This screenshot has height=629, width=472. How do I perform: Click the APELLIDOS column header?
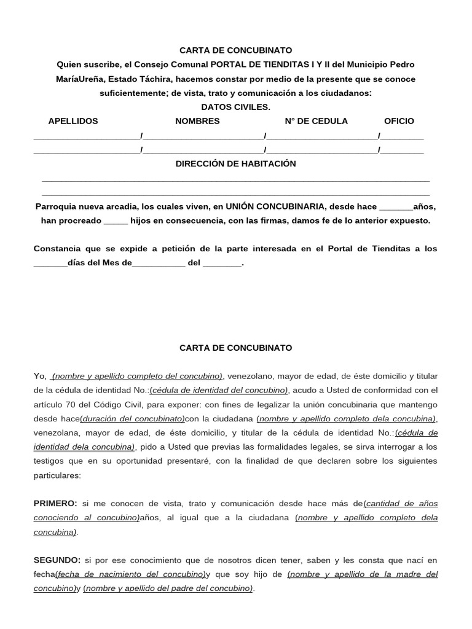pyautogui.click(x=73, y=121)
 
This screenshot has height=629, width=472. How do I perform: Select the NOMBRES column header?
pyautogui.click(x=197, y=121)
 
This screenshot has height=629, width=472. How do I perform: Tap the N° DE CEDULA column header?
pyautogui.click(x=316, y=121)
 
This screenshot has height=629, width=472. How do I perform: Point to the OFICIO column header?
pyautogui.click(x=399, y=121)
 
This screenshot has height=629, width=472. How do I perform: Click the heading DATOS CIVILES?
pyautogui.click(x=235, y=107)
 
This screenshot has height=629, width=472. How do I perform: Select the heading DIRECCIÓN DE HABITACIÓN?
pyautogui.click(x=235, y=163)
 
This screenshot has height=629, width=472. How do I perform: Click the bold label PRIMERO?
pyautogui.click(x=55, y=503)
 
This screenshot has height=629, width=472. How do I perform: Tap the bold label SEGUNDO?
pyautogui.click(x=57, y=560)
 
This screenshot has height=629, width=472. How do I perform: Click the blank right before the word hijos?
pyautogui.click(x=116, y=221)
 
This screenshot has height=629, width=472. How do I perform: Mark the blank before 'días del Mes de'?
pyautogui.click(x=49, y=263)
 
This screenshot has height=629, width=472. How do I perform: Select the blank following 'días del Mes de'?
pyautogui.click(x=158, y=263)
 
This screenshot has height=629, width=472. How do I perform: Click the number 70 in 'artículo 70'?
pyautogui.click(x=76, y=404)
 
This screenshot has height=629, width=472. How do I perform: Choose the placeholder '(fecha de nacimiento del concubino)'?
pyautogui.click(x=130, y=574)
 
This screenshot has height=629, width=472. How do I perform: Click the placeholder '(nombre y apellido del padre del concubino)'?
pyautogui.click(x=168, y=588)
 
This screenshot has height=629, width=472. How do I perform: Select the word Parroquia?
pyautogui.click(x=56, y=206)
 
